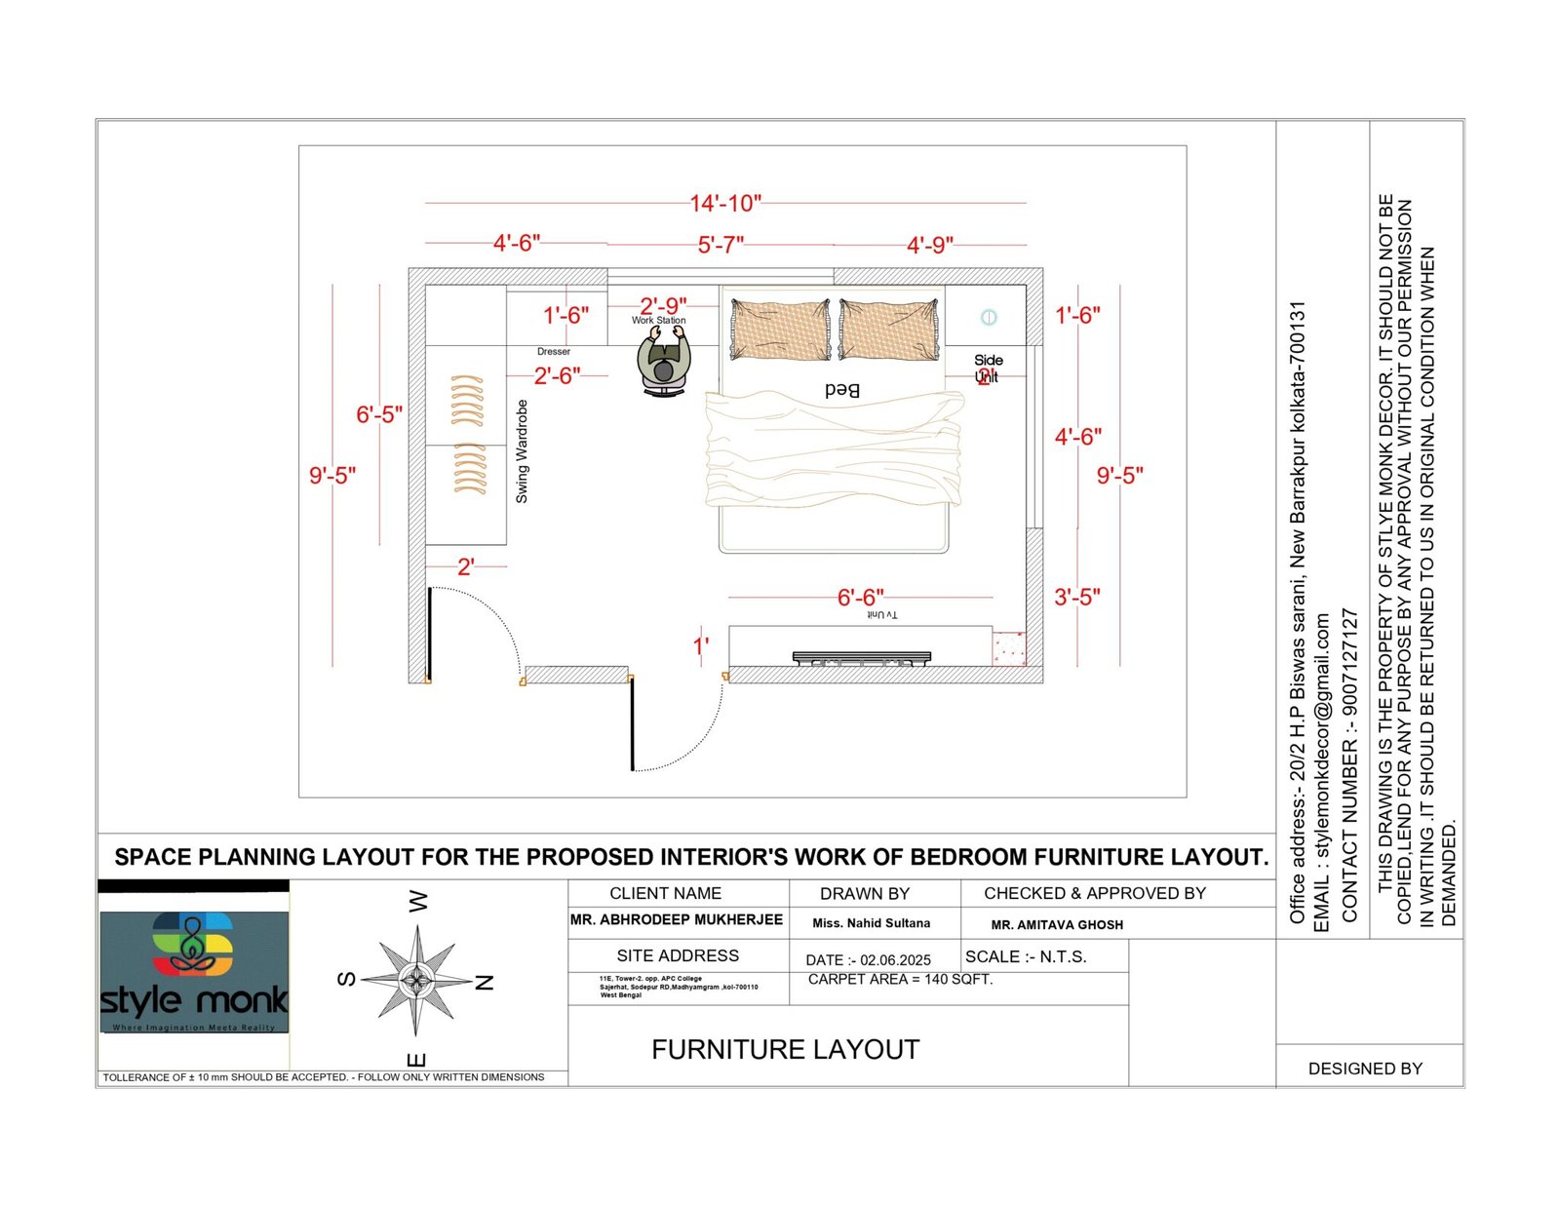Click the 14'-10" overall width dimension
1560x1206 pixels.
(724, 204)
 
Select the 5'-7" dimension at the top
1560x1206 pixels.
(721, 245)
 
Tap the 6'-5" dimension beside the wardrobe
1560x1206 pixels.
(378, 414)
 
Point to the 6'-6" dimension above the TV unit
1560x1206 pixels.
(860, 597)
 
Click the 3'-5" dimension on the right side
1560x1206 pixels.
(1077, 597)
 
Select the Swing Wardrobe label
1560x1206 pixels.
(522, 451)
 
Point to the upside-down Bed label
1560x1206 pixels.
(841, 390)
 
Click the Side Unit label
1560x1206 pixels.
(988, 368)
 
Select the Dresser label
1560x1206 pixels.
(553, 352)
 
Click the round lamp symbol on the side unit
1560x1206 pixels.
(989, 317)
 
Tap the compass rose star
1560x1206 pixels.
(416, 981)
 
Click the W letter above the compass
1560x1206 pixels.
(418, 901)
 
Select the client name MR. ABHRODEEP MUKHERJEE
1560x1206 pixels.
(677, 919)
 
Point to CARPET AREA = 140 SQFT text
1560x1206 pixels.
(900, 979)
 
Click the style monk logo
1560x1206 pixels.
(194, 971)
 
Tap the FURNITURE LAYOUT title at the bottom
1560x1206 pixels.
(785, 1050)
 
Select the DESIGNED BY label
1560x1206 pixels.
(1364, 1069)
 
